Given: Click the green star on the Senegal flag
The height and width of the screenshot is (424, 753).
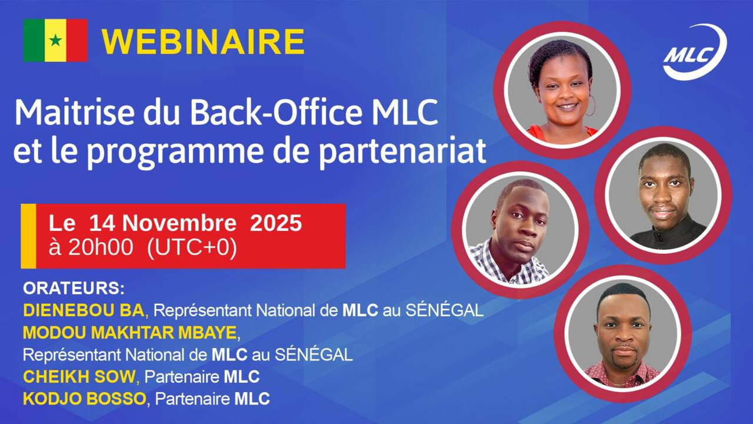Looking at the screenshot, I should pyautogui.click(x=55, y=41).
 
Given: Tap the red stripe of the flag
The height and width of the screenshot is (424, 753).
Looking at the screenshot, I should pyautogui.click(x=77, y=40).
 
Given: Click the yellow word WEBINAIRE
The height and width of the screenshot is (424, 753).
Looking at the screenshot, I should pyautogui.click(x=203, y=42).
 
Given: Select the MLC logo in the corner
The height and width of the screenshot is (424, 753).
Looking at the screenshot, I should pyautogui.click(x=694, y=53).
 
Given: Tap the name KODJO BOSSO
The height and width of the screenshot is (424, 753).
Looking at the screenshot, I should pyautogui.click(x=84, y=399).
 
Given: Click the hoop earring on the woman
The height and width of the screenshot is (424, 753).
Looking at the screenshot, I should pyautogui.click(x=590, y=105).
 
